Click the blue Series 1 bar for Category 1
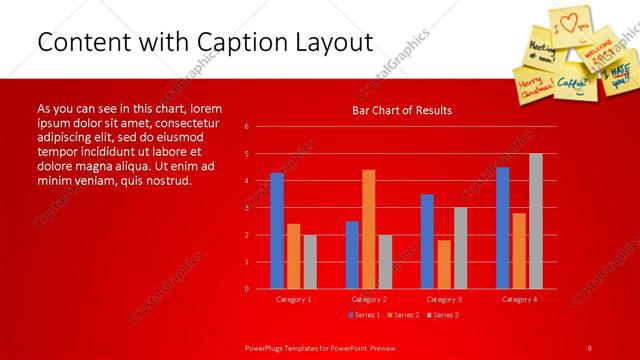(277, 231)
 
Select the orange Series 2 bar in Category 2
(369, 229)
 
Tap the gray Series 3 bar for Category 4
(536, 221)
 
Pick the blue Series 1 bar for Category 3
(427, 241)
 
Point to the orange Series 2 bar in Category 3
(444, 264)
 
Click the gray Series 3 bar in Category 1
(310, 262)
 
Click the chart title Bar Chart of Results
(401, 110)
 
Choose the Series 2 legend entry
(402, 315)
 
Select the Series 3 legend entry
(440, 315)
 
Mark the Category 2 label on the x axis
(369, 299)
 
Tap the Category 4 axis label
(519, 299)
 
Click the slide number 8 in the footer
(589, 347)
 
